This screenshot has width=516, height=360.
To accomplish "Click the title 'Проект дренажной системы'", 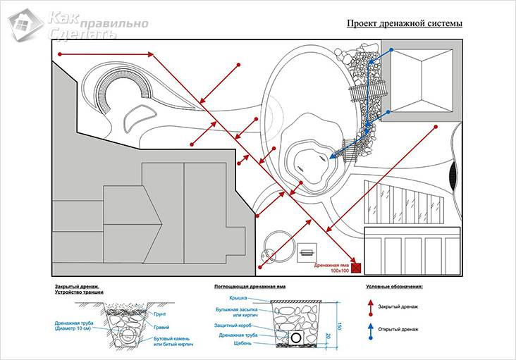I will (x=404, y=23).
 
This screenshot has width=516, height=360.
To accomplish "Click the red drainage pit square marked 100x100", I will (x=357, y=267).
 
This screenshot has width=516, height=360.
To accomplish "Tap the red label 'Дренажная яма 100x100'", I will (x=332, y=268).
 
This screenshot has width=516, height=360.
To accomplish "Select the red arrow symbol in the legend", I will (x=369, y=307).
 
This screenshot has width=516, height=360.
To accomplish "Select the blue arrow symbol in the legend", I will (x=369, y=329).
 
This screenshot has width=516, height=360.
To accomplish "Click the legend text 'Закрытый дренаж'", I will (x=398, y=308).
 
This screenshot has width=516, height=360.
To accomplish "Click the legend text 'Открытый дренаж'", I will (x=398, y=330).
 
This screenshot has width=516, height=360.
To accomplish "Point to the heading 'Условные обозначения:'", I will (x=398, y=287).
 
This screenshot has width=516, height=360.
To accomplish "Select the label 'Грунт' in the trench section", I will (x=160, y=307).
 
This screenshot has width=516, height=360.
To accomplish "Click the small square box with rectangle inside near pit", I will (x=307, y=252).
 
